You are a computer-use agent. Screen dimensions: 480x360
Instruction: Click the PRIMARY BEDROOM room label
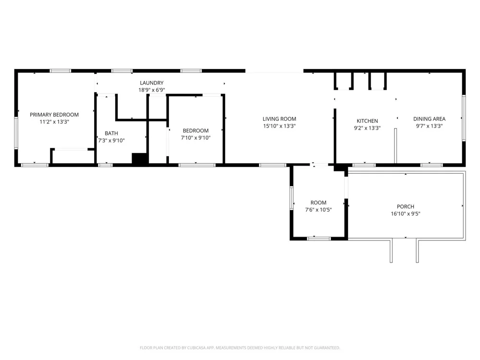pos(54,115)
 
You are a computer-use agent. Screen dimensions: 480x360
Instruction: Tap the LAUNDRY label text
pos(152,83)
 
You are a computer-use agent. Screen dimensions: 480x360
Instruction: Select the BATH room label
pos(111,133)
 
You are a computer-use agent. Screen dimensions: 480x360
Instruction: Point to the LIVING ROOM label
pos(279,119)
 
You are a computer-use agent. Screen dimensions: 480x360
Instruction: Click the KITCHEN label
pos(367,121)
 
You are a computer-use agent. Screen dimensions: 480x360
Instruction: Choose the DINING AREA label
pos(429,119)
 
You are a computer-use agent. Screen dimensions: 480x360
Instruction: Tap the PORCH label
pos(405,206)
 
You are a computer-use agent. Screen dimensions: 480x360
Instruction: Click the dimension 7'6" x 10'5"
pos(318,210)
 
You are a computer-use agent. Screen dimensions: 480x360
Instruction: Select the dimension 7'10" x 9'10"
pos(196,138)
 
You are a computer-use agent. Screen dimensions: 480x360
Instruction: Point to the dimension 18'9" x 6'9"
pos(152,90)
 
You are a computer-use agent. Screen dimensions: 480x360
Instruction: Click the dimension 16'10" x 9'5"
pos(405,214)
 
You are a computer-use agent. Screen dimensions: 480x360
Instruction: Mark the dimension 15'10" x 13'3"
pos(279,126)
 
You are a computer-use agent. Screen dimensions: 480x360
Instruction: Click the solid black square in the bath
pos(140,158)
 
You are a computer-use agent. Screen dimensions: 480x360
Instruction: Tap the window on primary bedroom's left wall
pos(16,133)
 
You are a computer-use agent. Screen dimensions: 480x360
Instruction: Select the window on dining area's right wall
pos(464,118)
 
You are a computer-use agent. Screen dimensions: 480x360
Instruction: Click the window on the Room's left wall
pos(291,198)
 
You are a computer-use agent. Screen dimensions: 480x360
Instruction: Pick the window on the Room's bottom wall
pos(319,239)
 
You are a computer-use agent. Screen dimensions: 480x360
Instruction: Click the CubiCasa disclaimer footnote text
pos(240,348)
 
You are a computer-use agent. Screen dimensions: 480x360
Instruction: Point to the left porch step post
pos(391,251)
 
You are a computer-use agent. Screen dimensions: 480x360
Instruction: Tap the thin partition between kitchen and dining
pos(396,146)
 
